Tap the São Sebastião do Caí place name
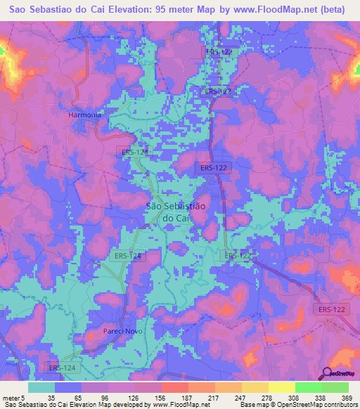[x=176, y=212]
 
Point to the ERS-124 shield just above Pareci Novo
[x=127, y=257]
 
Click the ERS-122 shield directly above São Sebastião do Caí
[x=212, y=167]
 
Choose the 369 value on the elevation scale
[x=347, y=398]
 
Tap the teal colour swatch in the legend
[x=41, y=387]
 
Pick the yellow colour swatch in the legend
[x=281, y=387]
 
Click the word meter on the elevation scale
[x=10, y=398]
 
